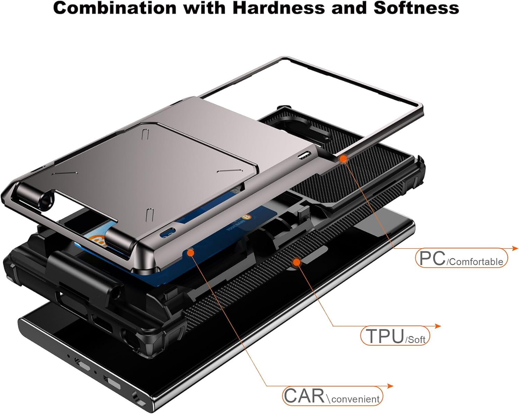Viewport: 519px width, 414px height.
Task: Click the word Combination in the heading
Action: [115, 8]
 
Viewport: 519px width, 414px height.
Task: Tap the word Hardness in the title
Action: [279, 8]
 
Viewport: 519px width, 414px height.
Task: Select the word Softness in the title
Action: [416, 8]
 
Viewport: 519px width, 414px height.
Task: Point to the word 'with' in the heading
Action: [204, 8]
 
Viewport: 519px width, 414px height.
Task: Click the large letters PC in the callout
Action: [432, 258]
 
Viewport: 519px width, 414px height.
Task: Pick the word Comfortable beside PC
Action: [475, 262]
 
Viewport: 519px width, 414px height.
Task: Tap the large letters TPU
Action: [385, 336]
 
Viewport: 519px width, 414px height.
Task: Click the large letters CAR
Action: [304, 396]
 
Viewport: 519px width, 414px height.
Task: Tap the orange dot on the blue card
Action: [191, 252]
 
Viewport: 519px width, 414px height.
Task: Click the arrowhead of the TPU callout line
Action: [437, 326]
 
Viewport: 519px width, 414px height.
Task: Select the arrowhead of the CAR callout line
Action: [390, 386]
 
